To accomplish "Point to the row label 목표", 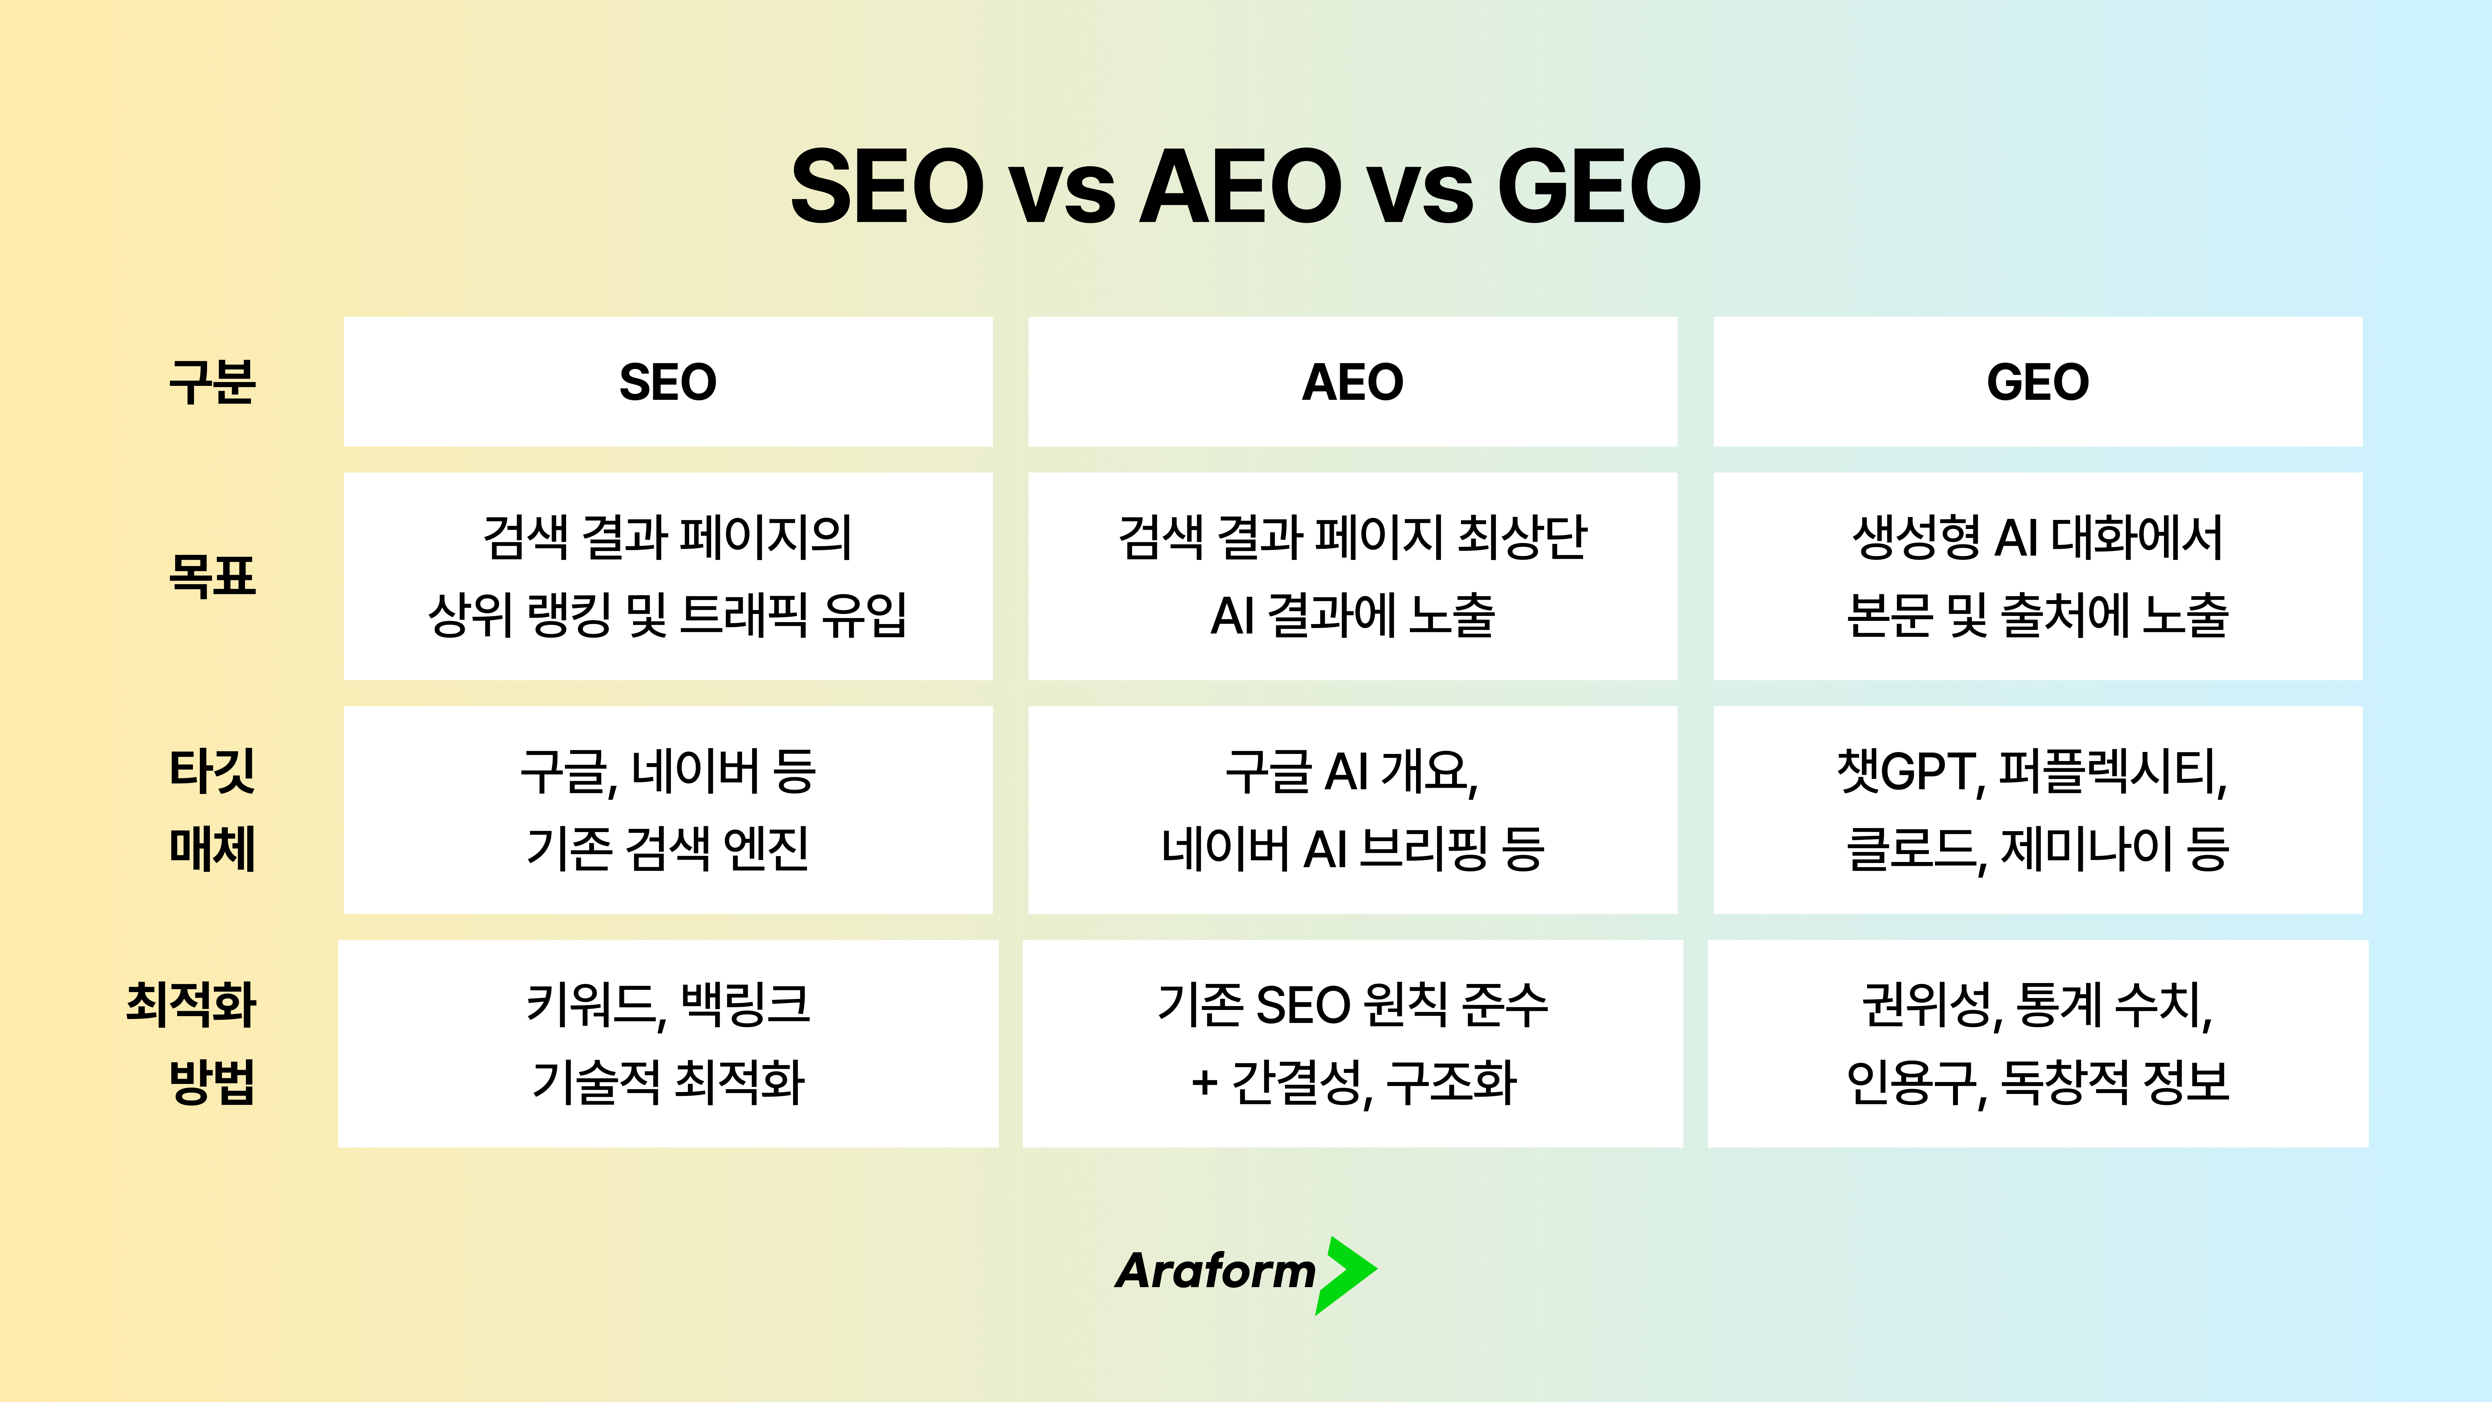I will pyautogui.click(x=212, y=577).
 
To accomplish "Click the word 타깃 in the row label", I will pyautogui.click(x=212, y=771).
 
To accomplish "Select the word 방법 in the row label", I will pyautogui.click(x=212, y=1082).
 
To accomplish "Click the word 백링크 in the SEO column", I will pyautogui.click(x=745, y=1004).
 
